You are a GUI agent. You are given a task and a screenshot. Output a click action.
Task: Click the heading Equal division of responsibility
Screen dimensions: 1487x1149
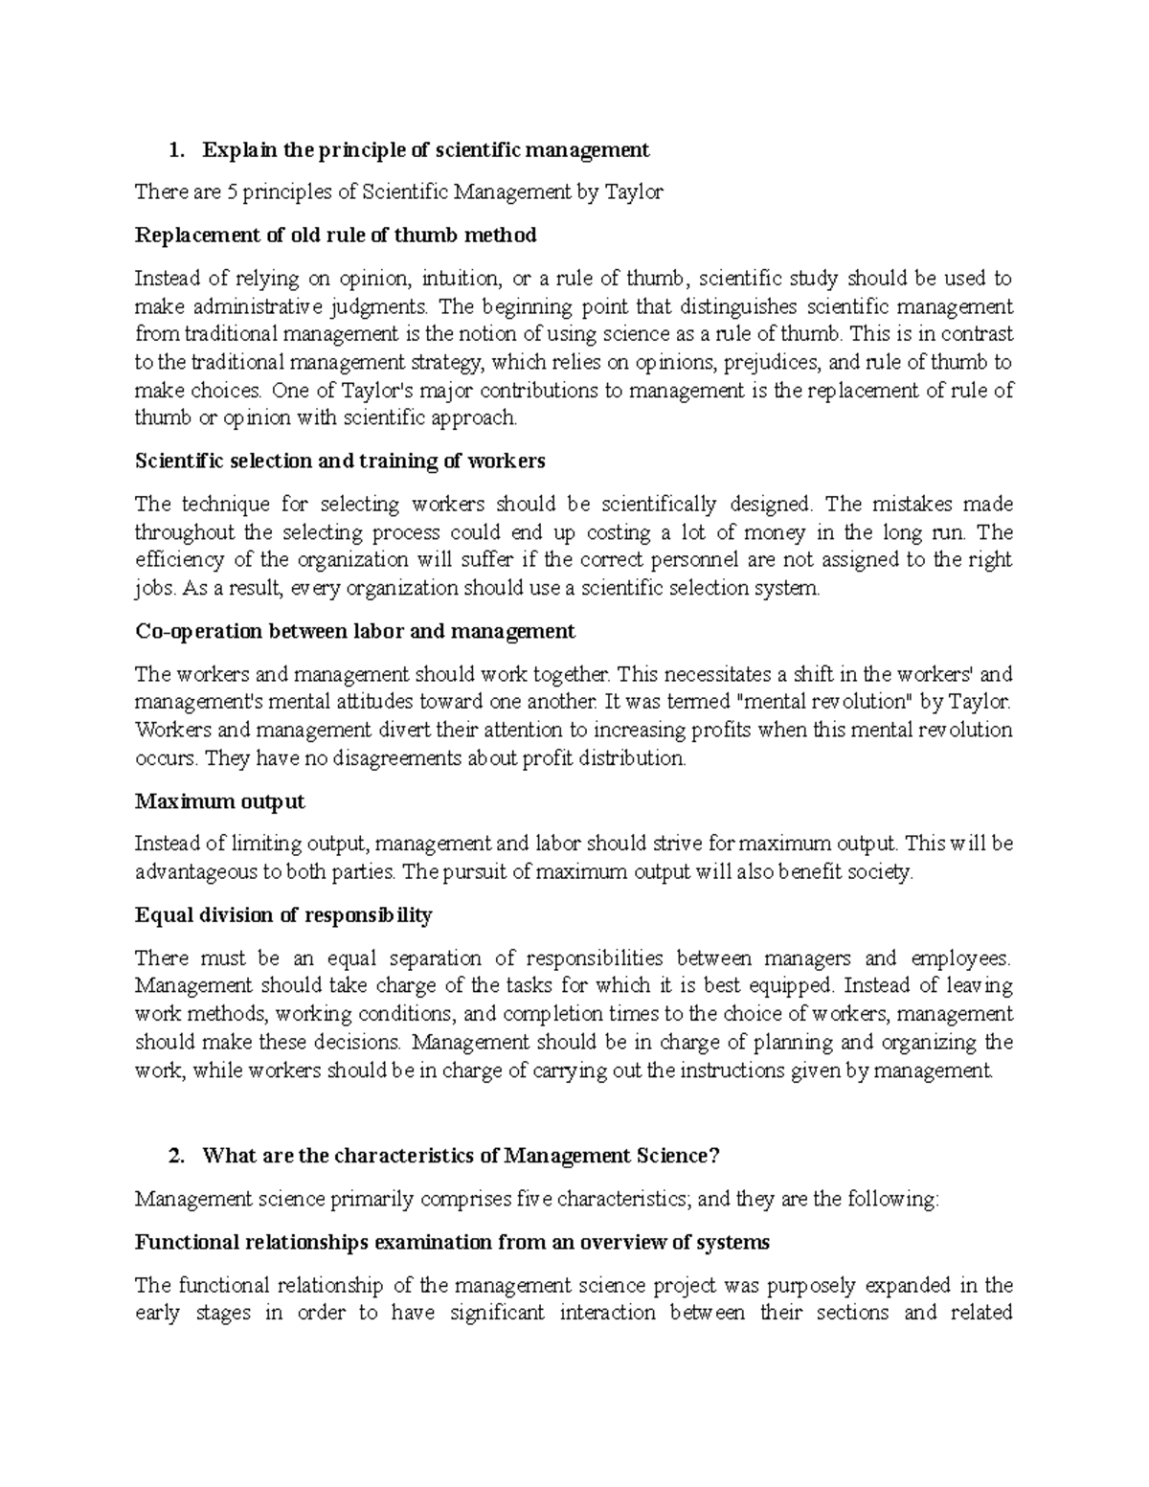click(283, 914)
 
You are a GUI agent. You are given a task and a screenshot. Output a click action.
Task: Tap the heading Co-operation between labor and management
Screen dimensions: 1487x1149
click(354, 631)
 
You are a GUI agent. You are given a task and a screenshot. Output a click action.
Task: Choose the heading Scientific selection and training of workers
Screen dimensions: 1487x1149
click(340, 461)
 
